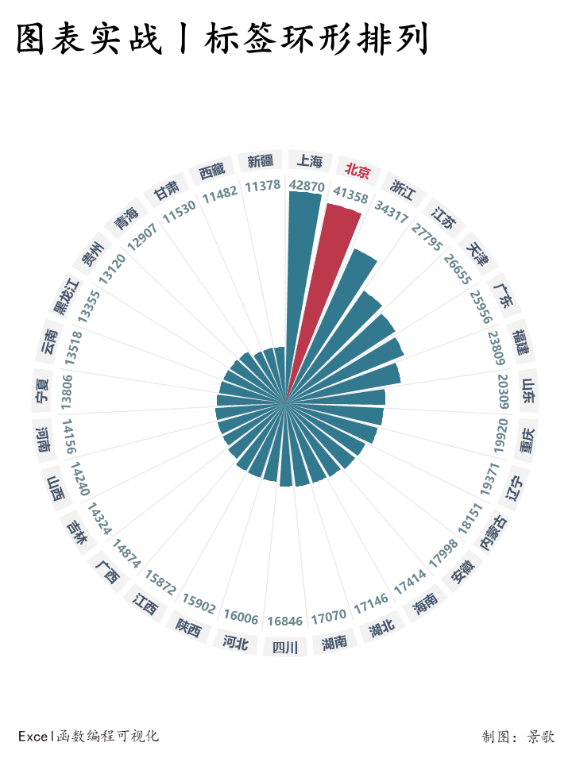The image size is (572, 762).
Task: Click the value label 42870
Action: tap(307, 186)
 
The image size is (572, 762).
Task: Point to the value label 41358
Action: tap(350, 194)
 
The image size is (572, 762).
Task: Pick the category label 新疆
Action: tap(260, 162)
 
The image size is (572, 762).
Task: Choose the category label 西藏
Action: tap(211, 170)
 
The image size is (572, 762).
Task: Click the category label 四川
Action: tap(284, 648)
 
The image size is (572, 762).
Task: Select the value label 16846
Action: tap(284, 621)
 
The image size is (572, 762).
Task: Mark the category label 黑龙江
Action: tap(67, 296)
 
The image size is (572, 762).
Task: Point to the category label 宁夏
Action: tap(42, 390)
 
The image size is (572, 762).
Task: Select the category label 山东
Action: tap(528, 390)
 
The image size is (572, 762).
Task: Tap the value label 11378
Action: tap(263, 186)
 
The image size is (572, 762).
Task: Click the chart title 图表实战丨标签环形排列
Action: tap(222, 39)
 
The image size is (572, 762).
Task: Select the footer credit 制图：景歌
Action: tap(518, 737)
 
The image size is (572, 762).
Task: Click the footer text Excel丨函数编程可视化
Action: tap(88, 736)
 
